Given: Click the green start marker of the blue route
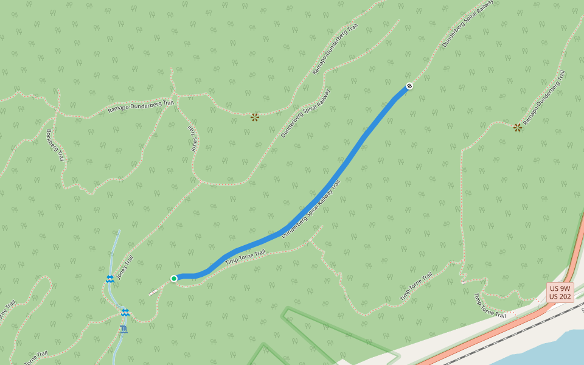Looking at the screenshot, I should pyautogui.click(x=174, y=279).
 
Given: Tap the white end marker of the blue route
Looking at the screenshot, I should pyautogui.click(x=410, y=86).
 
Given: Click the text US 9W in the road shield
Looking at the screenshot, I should pyautogui.click(x=560, y=288).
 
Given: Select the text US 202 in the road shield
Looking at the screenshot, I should pyautogui.click(x=560, y=297).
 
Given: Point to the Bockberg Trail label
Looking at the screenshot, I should pyautogui.click(x=55, y=145).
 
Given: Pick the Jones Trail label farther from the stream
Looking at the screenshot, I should pyautogui.click(x=193, y=138).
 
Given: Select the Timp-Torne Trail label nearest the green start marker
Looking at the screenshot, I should pyautogui.click(x=246, y=257).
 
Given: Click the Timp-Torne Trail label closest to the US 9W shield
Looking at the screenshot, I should pyautogui.click(x=490, y=305).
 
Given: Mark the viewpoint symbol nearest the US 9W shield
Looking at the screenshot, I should pyautogui.click(x=518, y=127).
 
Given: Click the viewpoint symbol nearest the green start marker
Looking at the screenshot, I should pyautogui.click(x=255, y=117).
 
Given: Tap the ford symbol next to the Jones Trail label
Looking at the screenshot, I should pyautogui.click(x=110, y=279).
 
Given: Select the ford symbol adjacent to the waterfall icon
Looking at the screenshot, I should pyautogui.click(x=125, y=313).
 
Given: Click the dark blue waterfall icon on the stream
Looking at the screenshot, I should pyautogui.click(x=124, y=329).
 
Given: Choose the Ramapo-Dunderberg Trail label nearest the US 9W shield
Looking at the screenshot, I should pyautogui.click(x=544, y=99).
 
